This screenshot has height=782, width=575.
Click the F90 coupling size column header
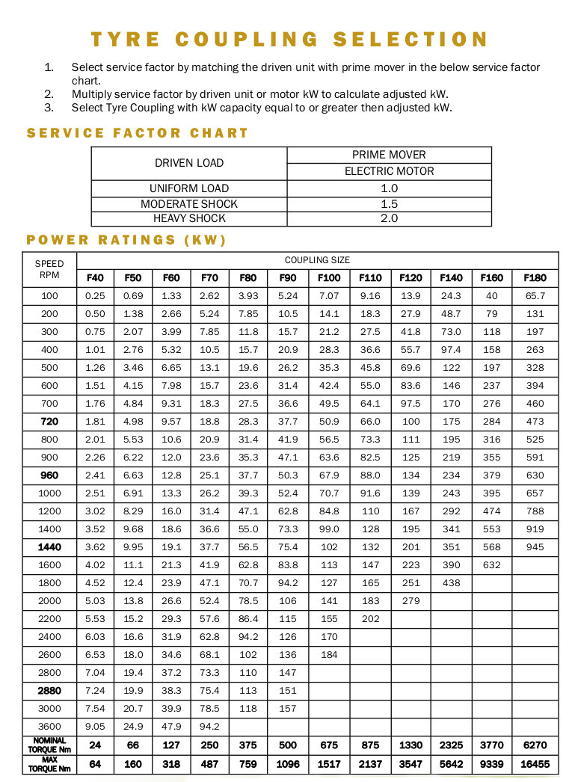tap(288, 278)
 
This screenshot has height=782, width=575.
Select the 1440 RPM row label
tap(49, 547)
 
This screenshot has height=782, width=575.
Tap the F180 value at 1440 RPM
tap(535, 547)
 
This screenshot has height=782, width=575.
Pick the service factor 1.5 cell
tap(389, 204)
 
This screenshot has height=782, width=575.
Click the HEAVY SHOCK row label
tap(189, 219)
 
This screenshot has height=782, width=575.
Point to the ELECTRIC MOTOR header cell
tap(389, 171)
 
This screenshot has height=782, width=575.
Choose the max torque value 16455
tap(535, 764)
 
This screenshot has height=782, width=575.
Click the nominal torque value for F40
tap(95, 745)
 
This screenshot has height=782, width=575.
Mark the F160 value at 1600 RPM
tap(492, 565)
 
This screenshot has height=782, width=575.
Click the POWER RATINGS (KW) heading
tap(126, 240)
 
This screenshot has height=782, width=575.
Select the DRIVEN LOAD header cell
tap(189, 163)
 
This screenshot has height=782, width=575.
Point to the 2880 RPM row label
tap(49, 691)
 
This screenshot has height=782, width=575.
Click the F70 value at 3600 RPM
tap(210, 727)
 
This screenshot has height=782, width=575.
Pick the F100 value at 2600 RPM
tap(329, 655)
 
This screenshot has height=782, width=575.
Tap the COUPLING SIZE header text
tap(317, 260)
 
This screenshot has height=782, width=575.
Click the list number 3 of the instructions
tap(49, 108)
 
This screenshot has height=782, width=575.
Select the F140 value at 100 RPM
tap(451, 296)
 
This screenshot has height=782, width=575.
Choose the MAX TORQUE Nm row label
tap(49, 764)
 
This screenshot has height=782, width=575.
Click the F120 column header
tap(411, 278)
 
